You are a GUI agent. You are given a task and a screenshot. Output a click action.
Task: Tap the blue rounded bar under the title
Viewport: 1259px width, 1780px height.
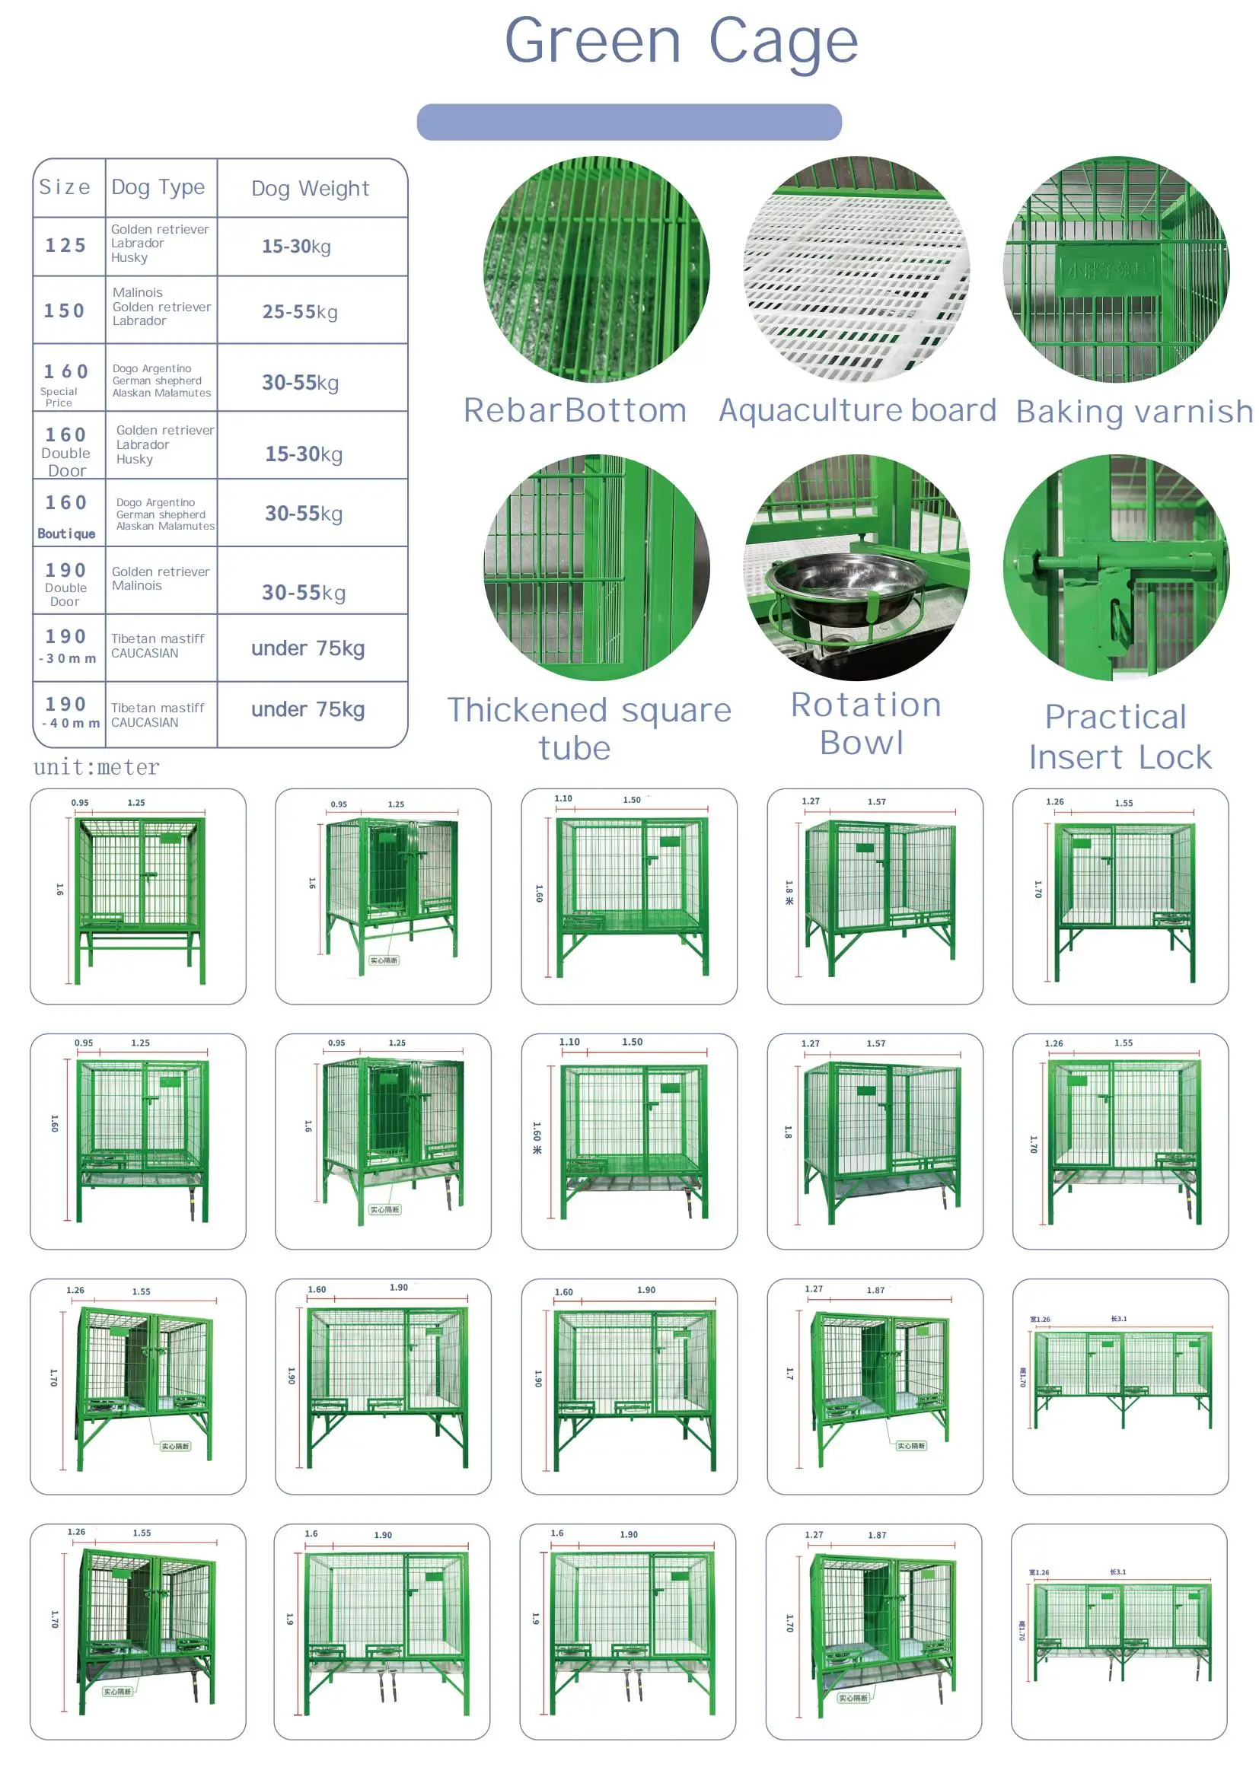[x=629, y=122]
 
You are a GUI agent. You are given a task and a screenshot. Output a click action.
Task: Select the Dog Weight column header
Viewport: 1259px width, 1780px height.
[x=310, y=189]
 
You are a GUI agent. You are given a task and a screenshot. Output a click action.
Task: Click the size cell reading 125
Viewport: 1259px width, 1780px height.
[x=66, y=246]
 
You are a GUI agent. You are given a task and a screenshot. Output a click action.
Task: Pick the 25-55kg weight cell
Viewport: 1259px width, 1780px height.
[x=300, y=312]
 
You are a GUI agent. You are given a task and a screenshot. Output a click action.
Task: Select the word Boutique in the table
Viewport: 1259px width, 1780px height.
[x=67, y=533]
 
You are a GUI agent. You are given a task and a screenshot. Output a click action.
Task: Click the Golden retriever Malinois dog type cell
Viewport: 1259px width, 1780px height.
[x=161, y=578]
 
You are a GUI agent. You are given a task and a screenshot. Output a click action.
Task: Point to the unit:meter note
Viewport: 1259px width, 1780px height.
[x=96, y=767]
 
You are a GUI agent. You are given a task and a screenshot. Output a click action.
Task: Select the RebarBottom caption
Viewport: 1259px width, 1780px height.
[x=575, y=410]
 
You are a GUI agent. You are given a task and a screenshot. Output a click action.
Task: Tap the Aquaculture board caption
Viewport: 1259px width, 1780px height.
[x=856, y=410]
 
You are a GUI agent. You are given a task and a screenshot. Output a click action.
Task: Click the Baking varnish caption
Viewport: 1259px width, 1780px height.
[x=1133, y=412]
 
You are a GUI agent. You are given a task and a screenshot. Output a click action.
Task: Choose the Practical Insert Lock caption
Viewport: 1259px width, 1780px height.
[x=1119, y=737]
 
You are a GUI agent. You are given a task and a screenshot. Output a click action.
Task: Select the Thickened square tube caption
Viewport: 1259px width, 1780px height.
[x=589, y=728]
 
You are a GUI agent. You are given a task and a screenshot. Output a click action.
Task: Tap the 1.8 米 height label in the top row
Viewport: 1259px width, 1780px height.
[x=789, y=893]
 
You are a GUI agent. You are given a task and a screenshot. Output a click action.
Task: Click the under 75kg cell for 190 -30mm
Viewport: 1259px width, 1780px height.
[x=308, y=648]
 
